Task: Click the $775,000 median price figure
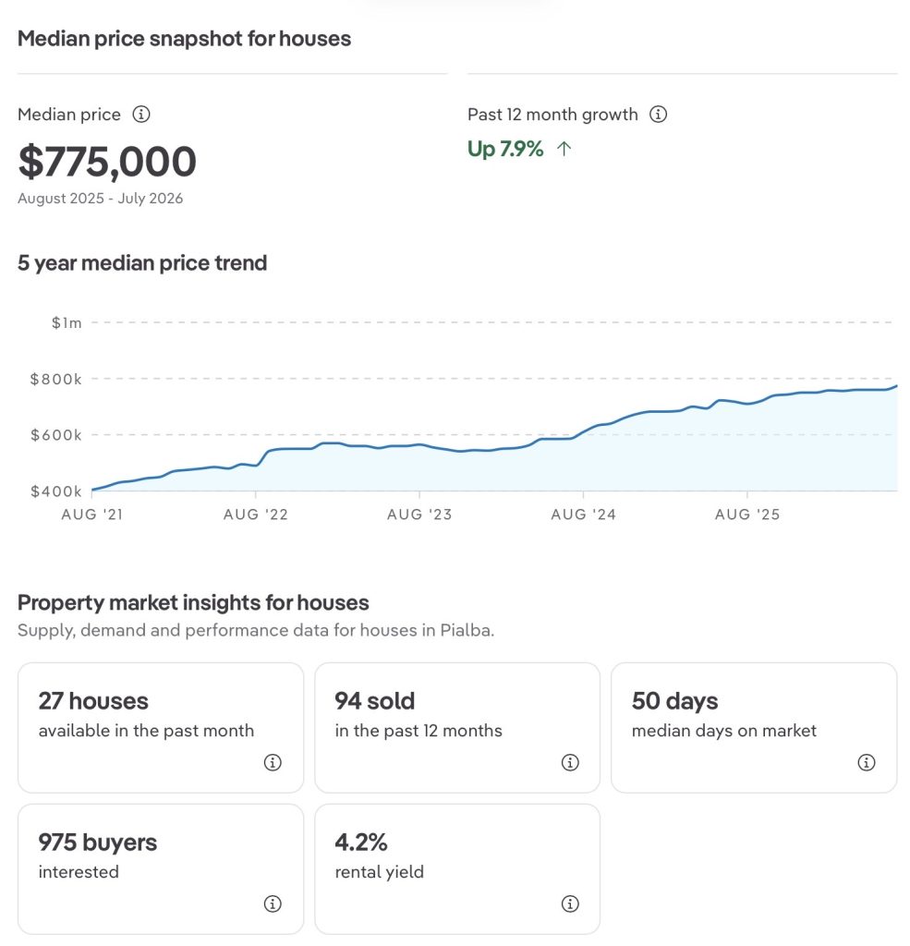tap(107, 162)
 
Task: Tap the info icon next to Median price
tap(141, 114)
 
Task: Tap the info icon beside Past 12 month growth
tap(659, 114)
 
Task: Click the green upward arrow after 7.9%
tap(564, 149)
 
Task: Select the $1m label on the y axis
tap(67, 322)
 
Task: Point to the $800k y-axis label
tap(56, 379)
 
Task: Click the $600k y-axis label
tap(56, 435)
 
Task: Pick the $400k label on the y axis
tap(56, 491)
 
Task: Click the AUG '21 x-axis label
tap(92, 515)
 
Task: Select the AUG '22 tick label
tap(256, 515)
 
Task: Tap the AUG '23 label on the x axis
tap(419, 515)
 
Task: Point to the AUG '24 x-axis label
tap(584, 515)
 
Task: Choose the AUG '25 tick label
tap(747, 515)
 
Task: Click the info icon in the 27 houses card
tap(273, 762)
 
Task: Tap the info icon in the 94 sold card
tap(570, 762)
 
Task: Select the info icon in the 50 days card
tap(867, 762)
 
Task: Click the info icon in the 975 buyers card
tap(273, 904)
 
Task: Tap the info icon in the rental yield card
tap(570, 904)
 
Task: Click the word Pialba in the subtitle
tap(466, 630)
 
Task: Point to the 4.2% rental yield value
tap(361, 843)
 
